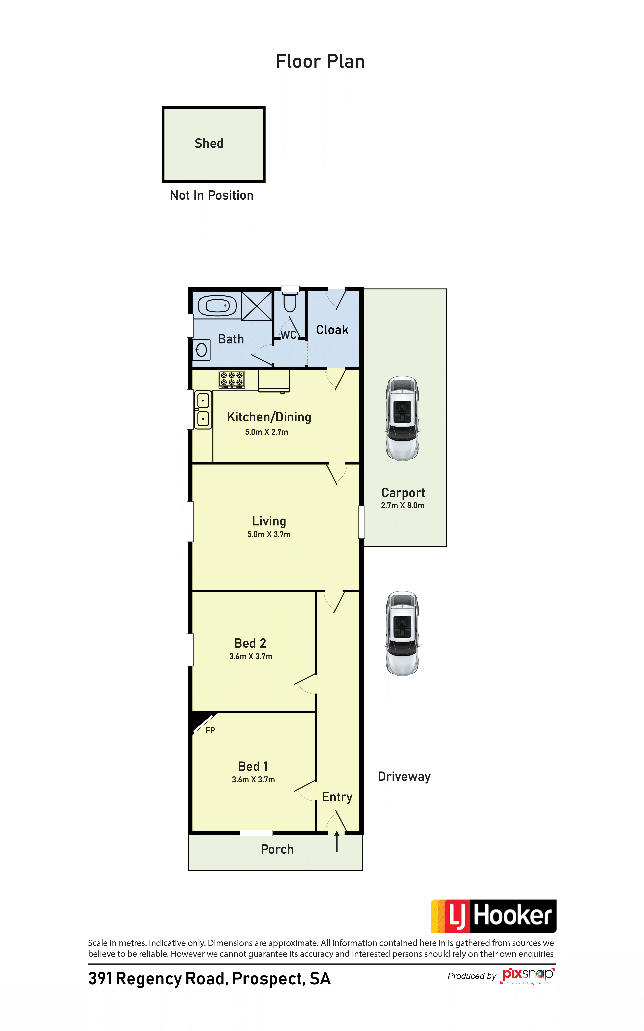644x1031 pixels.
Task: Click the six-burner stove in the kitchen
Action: point(232,379)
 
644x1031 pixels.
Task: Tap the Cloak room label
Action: point(332,329)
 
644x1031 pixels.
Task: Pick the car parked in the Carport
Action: point(403,419)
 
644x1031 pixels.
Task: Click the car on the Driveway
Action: point(403,633)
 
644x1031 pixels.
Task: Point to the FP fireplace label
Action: point(210,730)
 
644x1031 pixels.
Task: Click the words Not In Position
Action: point(212,195)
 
